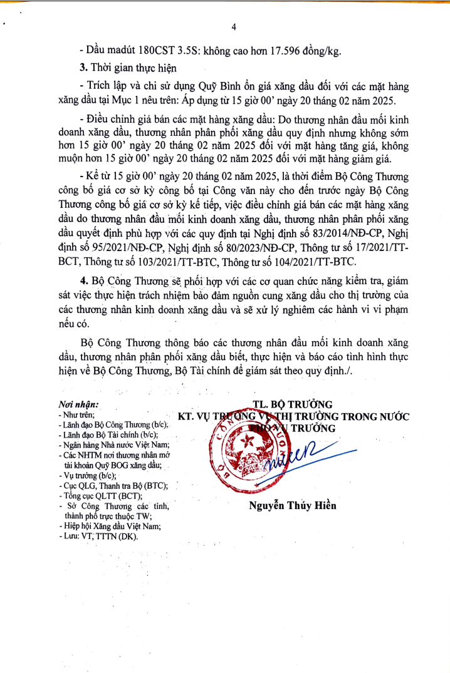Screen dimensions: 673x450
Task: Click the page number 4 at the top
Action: pyautogui.click(x=233, y=27)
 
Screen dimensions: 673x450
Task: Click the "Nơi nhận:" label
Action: pyautogui.click(x=78, y=405)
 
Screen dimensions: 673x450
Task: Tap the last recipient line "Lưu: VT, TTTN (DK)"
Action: pyautogui.click(x=100, y=537)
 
